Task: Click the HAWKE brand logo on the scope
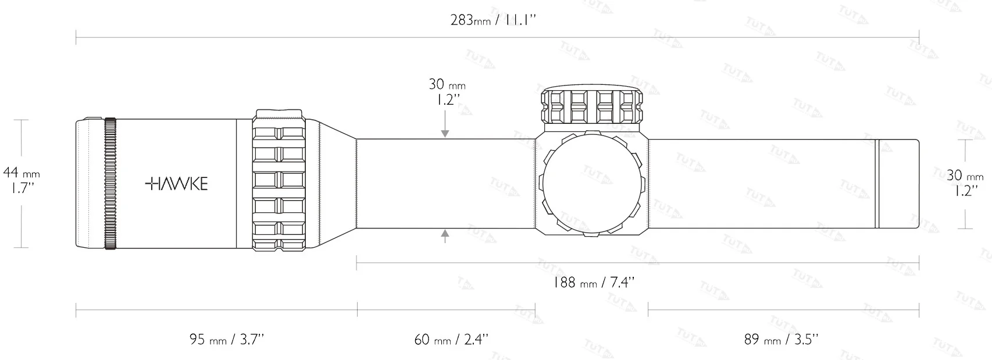(176, 184)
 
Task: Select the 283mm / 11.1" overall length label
(493, 20)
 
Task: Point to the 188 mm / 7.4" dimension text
(593, 283)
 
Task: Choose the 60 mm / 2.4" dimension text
(451, 338)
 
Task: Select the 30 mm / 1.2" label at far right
(965, 183)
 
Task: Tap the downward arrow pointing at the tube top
(445, 133)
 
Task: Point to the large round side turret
(591, 183)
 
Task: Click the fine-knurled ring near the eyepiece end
(110, 183)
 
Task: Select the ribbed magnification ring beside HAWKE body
(279, 181)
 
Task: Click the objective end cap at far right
(898, 183)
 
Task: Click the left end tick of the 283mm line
(76, 40)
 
